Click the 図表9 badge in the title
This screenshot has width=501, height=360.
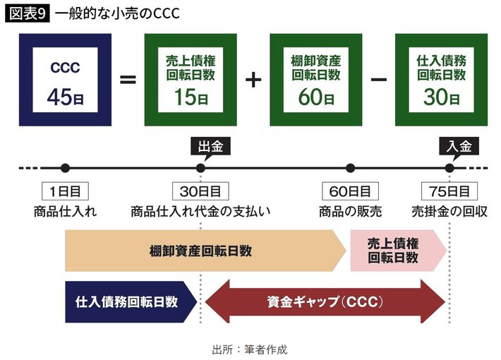click(28, 14)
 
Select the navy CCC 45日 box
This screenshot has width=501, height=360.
click(65, 80)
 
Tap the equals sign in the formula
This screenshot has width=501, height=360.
click(128, 80)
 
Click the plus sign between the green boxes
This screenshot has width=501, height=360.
click(253, 80)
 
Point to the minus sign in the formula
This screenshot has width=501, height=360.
click(379, 79)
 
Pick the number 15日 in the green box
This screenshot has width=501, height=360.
click(191, 97)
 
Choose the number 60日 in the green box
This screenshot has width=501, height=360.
click(316, 97)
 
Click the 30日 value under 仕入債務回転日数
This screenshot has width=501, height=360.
click(442, 97)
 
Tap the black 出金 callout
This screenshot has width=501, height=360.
click(210, 148)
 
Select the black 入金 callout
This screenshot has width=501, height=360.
click(459, 148)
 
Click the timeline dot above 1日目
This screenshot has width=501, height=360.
click(65, 168)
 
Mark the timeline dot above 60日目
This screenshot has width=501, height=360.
click(351, 168)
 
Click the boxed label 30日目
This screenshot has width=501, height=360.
click(200, 191)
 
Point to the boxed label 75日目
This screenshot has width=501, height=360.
click(449, 191)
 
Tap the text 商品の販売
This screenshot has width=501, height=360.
click(350, 211)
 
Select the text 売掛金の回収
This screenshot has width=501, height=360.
click(449, 211)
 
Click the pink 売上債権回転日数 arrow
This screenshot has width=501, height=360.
click(398, 251)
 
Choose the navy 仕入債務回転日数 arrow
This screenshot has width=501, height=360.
click(131, 302)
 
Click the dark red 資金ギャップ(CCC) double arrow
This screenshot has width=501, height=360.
click(325, 302)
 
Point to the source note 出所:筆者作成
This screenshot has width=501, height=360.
click(250, 349)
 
